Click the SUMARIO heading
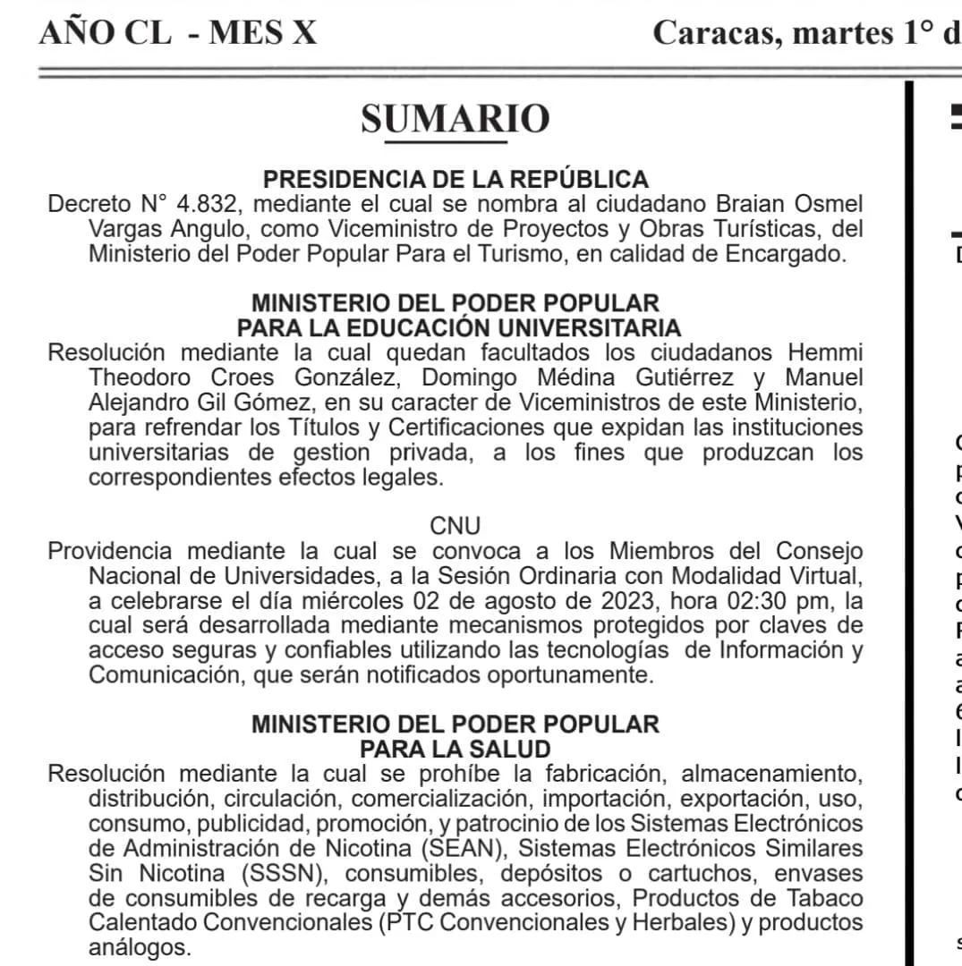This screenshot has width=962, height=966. click(455, 119)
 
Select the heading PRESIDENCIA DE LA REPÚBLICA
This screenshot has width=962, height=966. click(455, 179)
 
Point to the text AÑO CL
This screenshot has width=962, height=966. click(105, 33)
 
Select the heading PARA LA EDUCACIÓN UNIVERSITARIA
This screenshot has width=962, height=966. click(458, 327)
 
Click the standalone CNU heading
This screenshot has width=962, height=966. click(455, 526)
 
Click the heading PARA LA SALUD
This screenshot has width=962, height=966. click(455, 748)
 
